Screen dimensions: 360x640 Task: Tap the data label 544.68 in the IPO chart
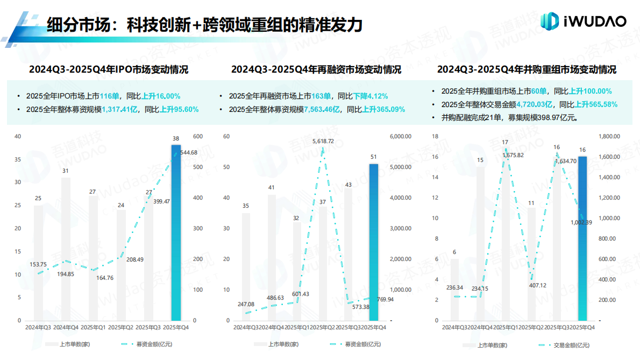[186, 152]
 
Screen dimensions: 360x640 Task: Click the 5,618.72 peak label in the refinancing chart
[323, 141]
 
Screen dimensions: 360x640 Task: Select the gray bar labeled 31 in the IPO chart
[66, 248]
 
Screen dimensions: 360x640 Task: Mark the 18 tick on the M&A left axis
[436, 136]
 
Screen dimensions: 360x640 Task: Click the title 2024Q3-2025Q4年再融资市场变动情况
[316, 70]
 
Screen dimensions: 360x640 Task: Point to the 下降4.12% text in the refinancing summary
[371, 96]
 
